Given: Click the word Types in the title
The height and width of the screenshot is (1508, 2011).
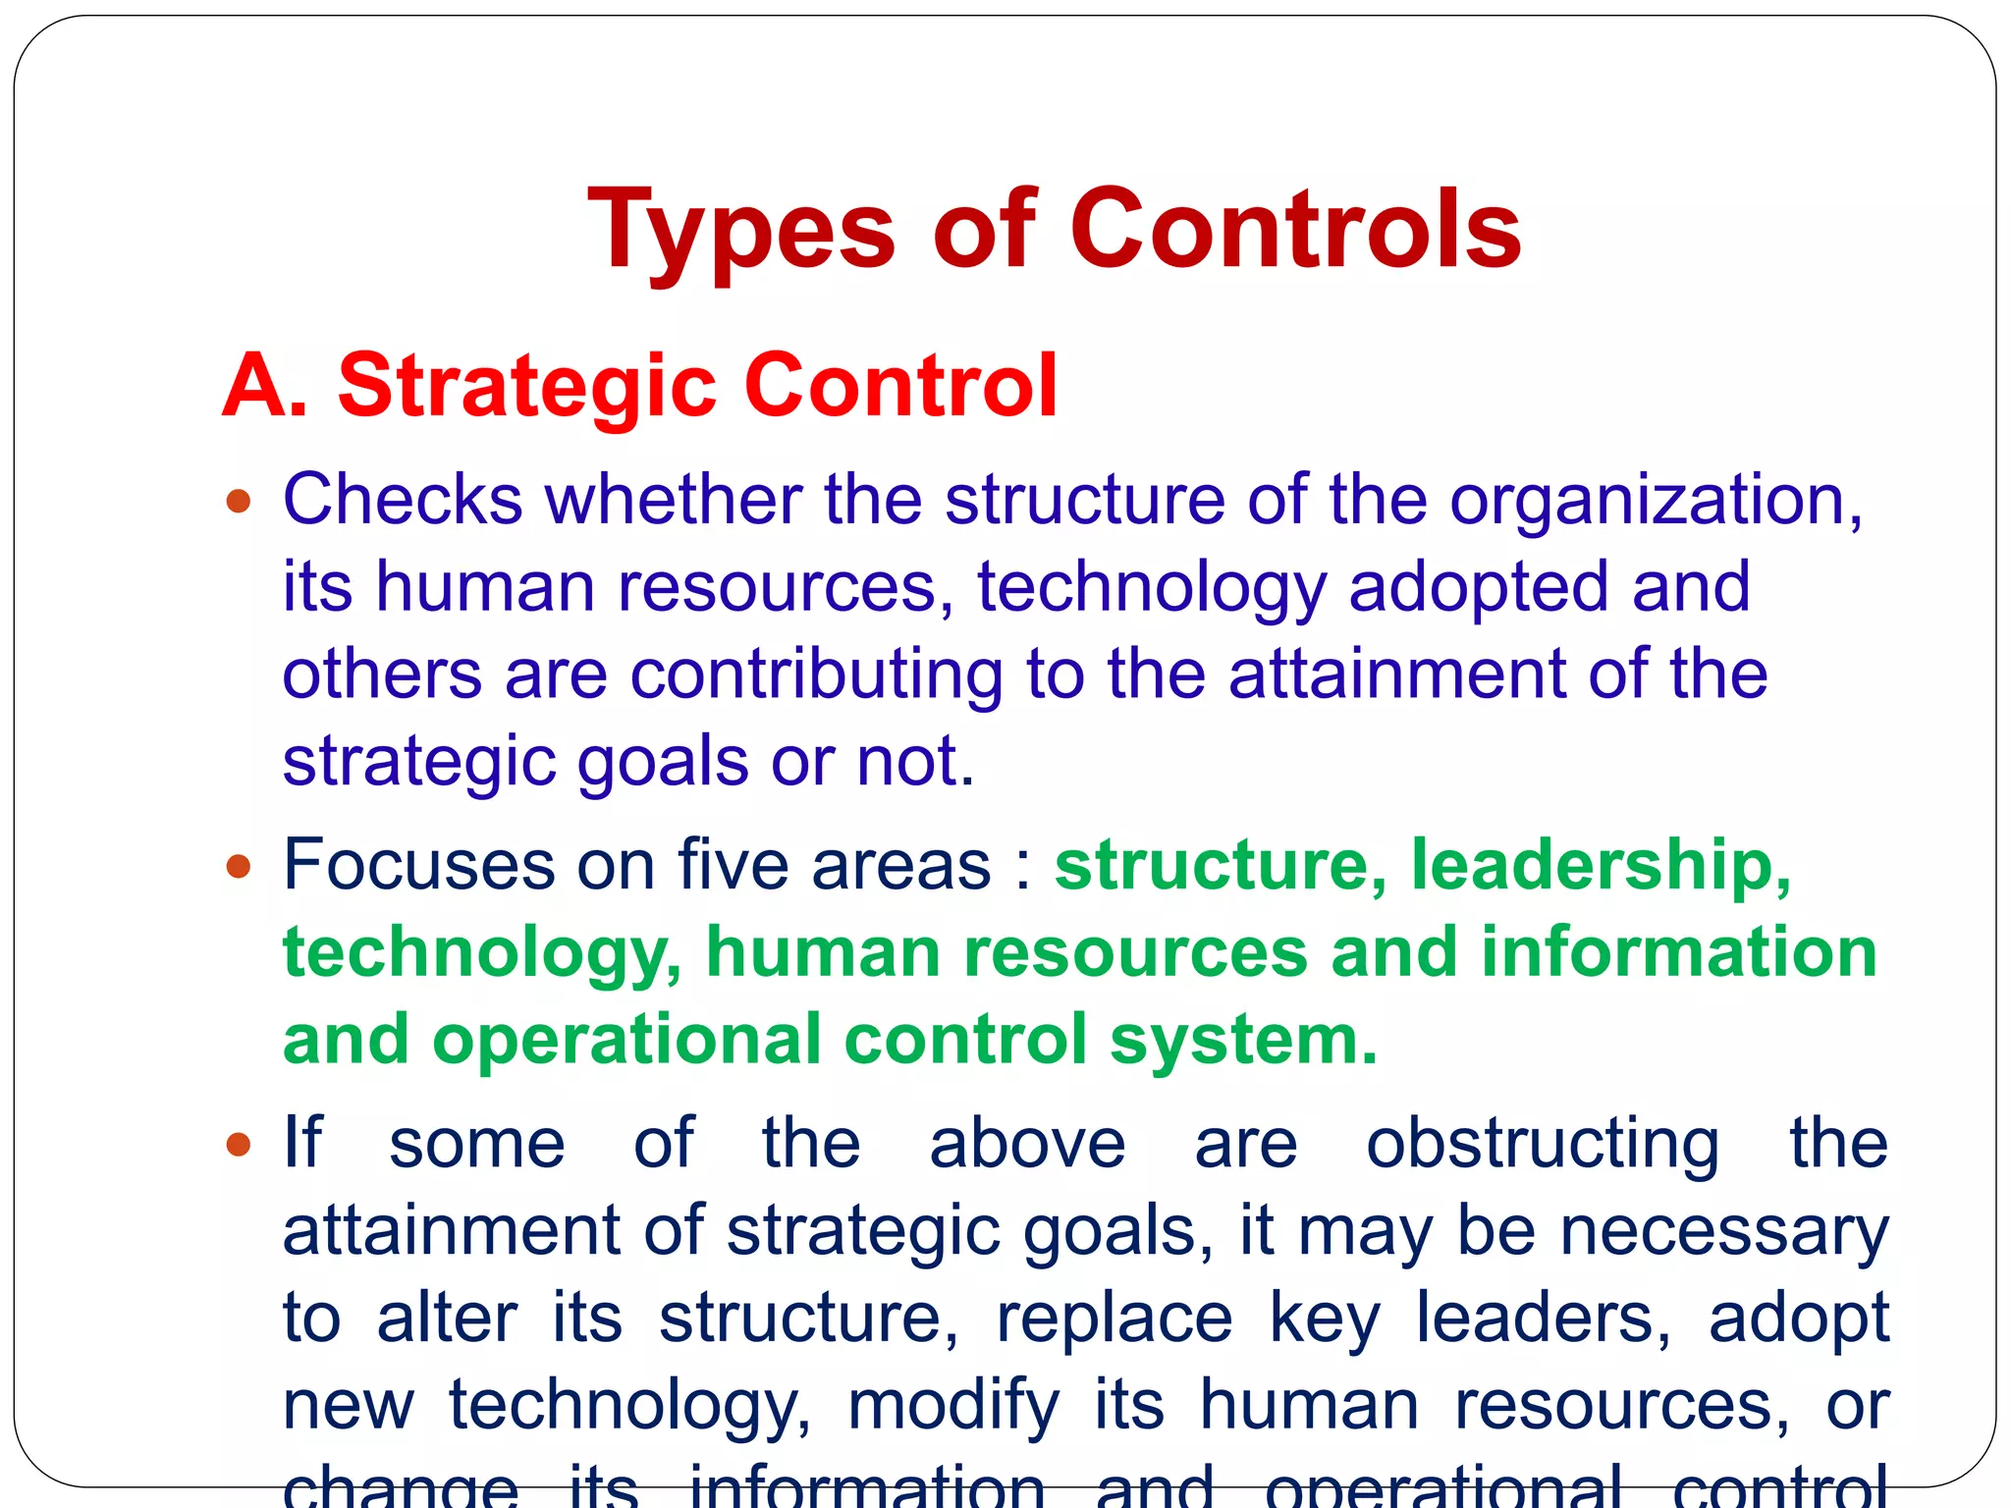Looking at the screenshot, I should point(741,231).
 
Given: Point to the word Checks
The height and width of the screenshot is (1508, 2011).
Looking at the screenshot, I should point(403,500).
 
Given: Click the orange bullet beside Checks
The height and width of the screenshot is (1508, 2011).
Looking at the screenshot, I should point(239,503).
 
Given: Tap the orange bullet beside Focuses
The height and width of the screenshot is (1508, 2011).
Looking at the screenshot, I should point(239,867).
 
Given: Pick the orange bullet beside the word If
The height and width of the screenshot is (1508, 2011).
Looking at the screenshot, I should point(239,1145).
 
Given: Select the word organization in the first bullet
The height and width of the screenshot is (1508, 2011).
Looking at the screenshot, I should point(1655,502).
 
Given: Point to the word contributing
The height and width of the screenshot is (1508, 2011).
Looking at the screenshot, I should point(817,674).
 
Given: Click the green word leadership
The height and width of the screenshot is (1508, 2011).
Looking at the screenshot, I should point(1601,867).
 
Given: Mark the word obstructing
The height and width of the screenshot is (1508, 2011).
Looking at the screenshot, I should point(1543,1145).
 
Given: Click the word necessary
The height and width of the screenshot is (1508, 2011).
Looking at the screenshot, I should point(1724,1231).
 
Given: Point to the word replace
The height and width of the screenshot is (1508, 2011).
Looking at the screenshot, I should point(1114,1319).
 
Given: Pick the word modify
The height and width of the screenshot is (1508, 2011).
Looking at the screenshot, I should point(953,1406).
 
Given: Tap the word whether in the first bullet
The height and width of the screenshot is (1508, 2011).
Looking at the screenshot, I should point(673,500).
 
